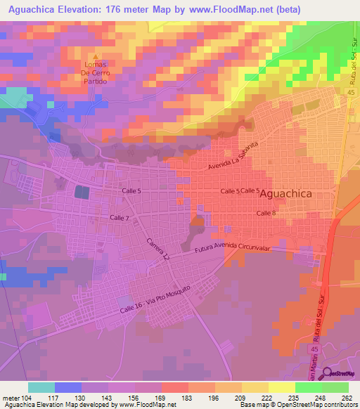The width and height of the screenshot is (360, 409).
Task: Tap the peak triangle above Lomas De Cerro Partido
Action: coord(97,58)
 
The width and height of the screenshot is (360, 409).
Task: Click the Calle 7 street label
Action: coord(120,219)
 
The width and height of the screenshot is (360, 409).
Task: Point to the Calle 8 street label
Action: coord(266,213)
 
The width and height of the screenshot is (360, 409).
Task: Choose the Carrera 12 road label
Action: coord(158,251)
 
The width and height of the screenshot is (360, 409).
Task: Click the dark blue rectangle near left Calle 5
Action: coord(82,192)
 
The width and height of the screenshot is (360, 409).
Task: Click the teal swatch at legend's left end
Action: coord(41,387)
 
